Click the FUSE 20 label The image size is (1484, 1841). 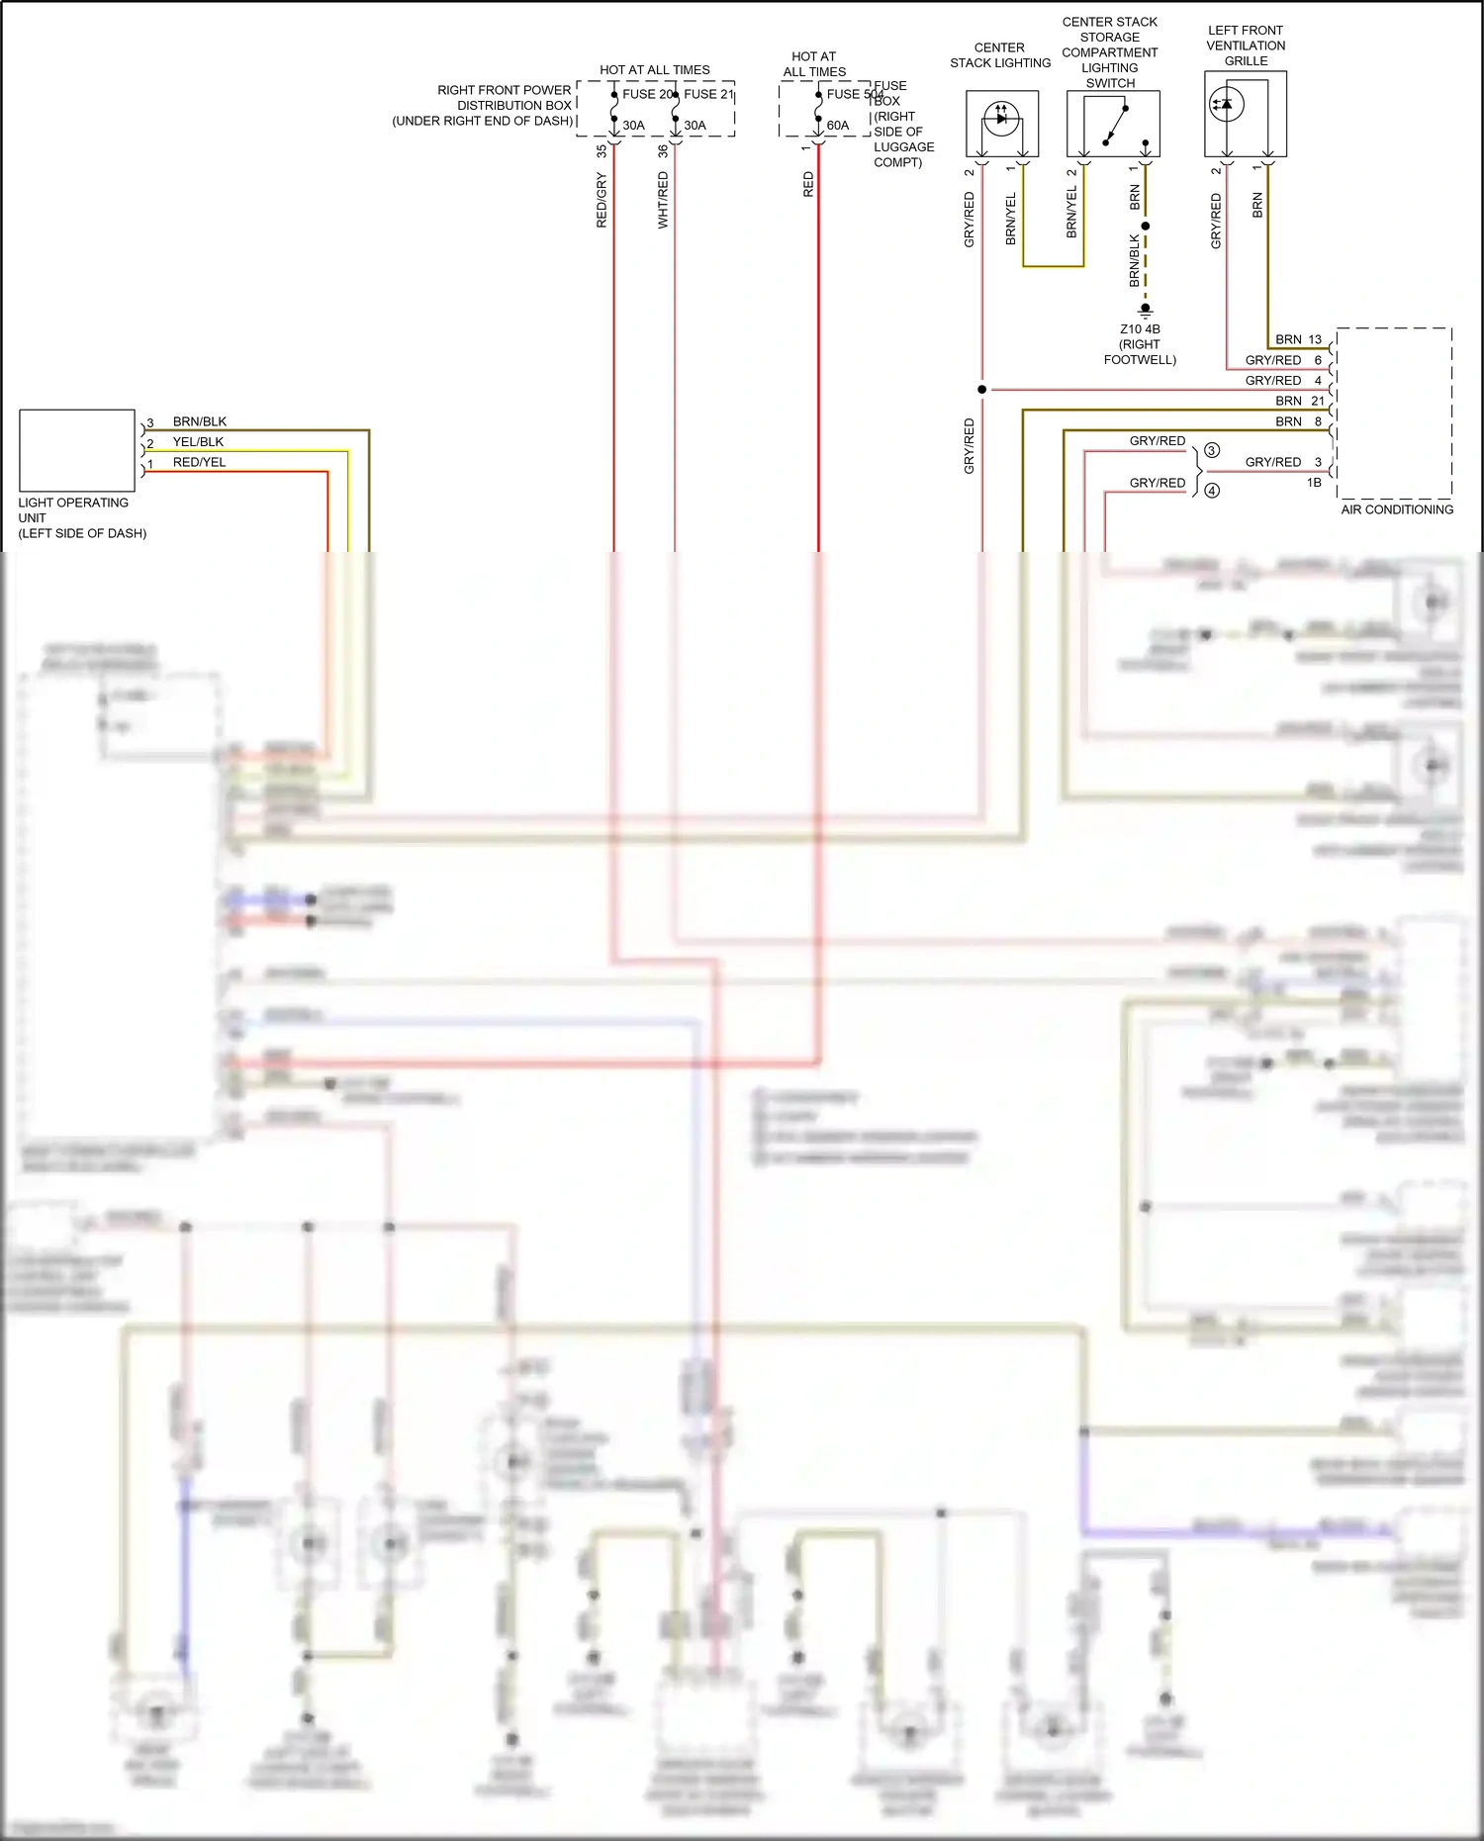coord(647,94)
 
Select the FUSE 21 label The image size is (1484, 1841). coord(708,94)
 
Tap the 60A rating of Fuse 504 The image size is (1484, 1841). coord(837,126)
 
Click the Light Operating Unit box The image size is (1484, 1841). coord(77,450)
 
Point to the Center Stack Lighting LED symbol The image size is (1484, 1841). coord(1001,119)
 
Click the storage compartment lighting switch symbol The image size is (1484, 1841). coord(1113,124)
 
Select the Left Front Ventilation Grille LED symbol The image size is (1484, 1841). coord(1227,105)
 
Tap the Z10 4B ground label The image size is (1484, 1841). coord(1140,329)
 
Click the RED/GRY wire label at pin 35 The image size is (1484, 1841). coord(602,200)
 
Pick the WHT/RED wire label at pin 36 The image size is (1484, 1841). coord(663,200)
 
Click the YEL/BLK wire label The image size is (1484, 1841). coord(198,442)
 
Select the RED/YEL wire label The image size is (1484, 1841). coord(199,462)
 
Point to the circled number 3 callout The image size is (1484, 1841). coord(1212,450)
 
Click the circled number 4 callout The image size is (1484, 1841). coord(1212,491)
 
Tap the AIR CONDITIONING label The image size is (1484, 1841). coord(1397,509)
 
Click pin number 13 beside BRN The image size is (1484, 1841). coord(1315,339)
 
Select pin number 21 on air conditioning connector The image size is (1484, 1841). coord(1317,401)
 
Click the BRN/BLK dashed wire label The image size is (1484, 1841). coord(1135,260)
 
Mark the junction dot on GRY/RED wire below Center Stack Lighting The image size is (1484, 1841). coord(981,390)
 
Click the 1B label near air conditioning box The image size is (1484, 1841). coord(1314,483)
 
